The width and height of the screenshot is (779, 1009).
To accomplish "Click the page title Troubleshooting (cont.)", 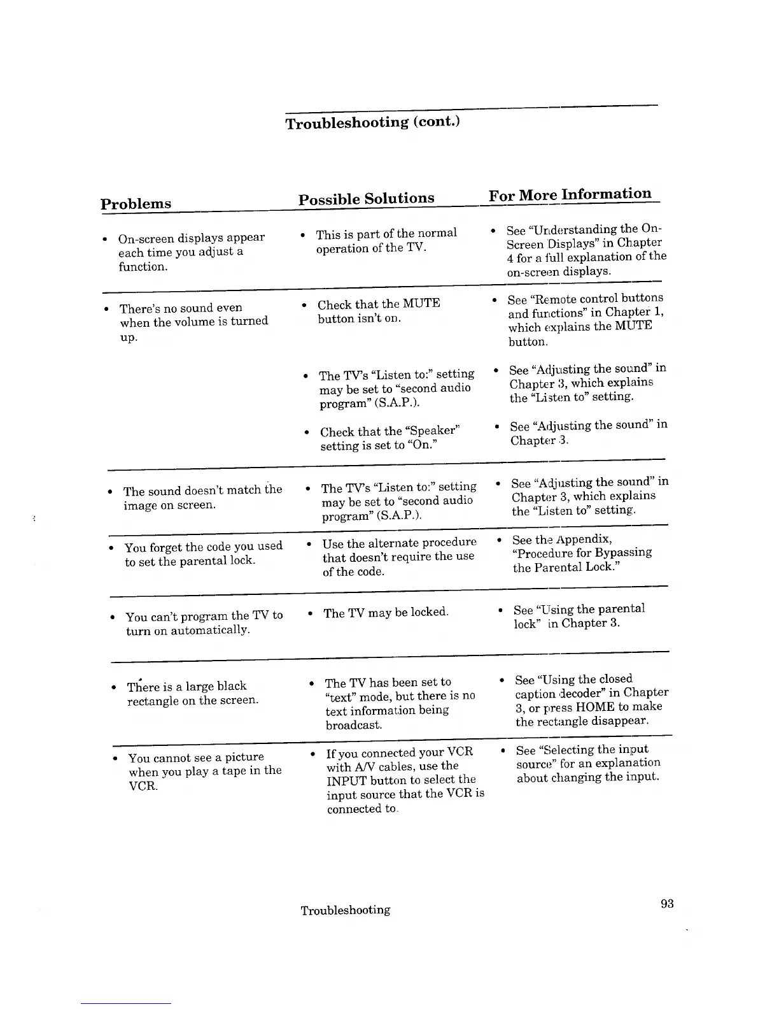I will pos(372,122).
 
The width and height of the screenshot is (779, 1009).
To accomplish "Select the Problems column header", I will pos(136,204).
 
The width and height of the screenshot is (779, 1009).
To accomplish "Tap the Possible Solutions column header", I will pos(367,199).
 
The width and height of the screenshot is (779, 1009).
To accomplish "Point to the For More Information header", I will pos(570,194).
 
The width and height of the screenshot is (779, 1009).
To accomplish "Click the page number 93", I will pos(667,903).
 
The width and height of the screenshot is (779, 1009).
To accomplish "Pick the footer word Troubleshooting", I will pos(345,910).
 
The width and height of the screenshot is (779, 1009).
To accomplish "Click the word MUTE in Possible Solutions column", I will pos(421,303).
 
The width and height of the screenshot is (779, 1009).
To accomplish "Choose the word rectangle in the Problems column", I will pos(153,701).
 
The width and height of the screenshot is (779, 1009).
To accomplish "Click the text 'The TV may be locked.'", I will pos(386,613).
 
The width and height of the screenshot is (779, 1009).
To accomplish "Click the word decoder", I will pos(582,693).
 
